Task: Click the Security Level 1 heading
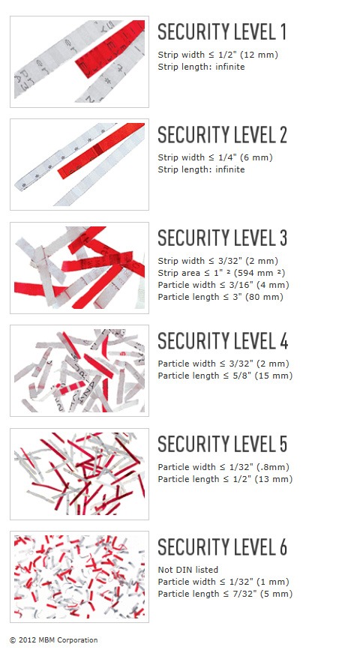click(x=222, y=32)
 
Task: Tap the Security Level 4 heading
click(x=223, y=341)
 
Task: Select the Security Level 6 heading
click(x=223, y=547)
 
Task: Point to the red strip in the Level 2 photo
click(x=101, y=151)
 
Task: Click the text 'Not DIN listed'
click(x=188, y=570)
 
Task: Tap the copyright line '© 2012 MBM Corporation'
click(x=53, y=640)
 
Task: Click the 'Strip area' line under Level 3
click(x=221, y=273)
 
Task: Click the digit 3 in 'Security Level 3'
click(x=283, y=238)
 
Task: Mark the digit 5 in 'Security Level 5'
click(x=283, y=444)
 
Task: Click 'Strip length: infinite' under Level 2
click(x=201, y=169)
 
